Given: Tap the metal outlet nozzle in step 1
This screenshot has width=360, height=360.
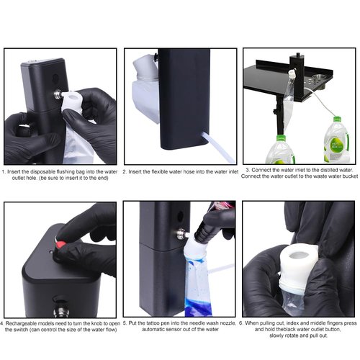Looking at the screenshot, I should click(x=55, y=94).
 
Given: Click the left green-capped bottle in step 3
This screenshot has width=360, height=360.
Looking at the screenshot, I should click(x=280, y=149).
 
